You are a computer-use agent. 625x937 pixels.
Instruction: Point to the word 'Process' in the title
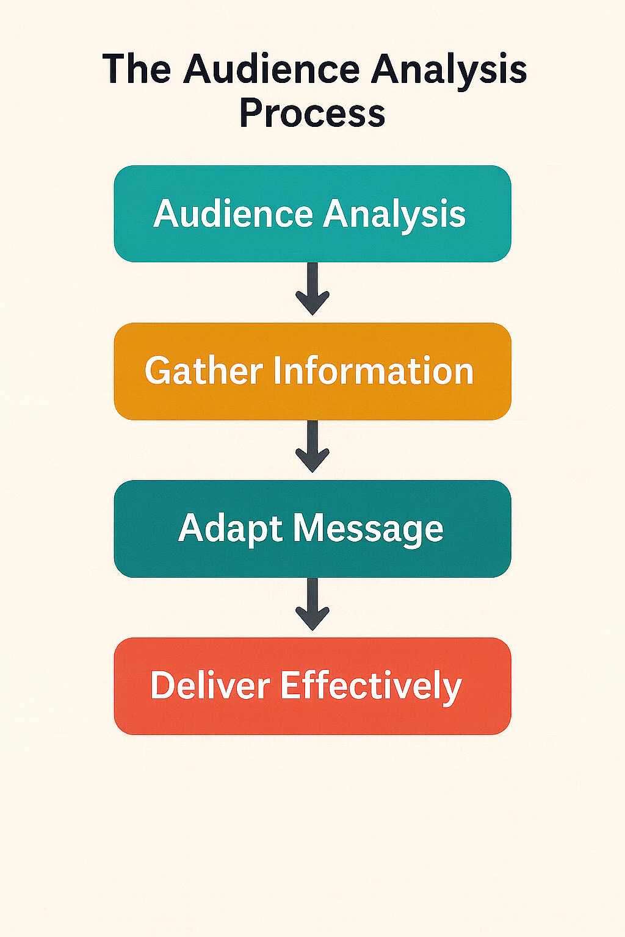tap(312, 113)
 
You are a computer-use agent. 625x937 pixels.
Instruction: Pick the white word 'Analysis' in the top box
tap(394, 215)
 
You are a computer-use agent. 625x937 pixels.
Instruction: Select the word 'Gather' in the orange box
tap(204, 371)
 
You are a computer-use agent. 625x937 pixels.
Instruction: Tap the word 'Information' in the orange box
tap(374, 371)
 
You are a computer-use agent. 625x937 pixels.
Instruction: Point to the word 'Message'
tap(368, 529)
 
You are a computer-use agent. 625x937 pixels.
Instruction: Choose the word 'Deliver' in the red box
tap(210, 685)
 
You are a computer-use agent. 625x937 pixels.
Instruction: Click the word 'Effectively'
tap(370, 686)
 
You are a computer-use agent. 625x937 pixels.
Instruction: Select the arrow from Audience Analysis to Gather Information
tap(312, 289)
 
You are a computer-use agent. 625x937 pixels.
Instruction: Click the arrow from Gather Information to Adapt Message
tap(312, 447)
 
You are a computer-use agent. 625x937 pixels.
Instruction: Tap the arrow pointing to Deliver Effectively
tap(312, 605)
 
